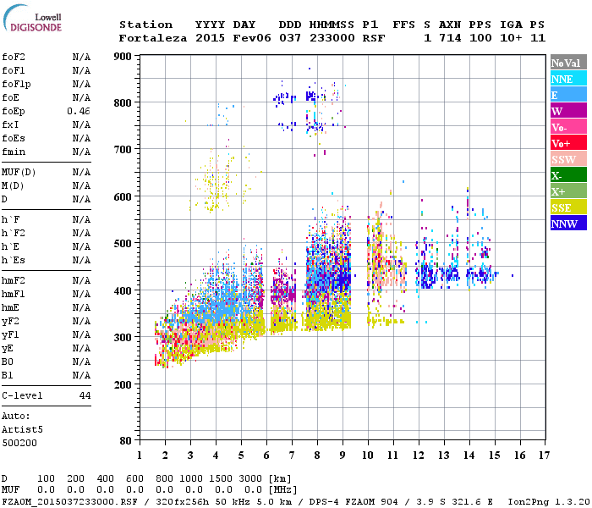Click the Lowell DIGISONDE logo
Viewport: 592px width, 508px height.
pos(35,21)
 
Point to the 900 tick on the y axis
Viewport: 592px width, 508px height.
pos(123,56)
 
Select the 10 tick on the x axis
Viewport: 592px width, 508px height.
pos(368,455)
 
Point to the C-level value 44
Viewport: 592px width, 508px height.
pos(85,395)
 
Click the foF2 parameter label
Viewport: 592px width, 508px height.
pos(13,57)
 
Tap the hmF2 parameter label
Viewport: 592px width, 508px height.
pos(13,280)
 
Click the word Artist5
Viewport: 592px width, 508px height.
pos(22,429)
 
